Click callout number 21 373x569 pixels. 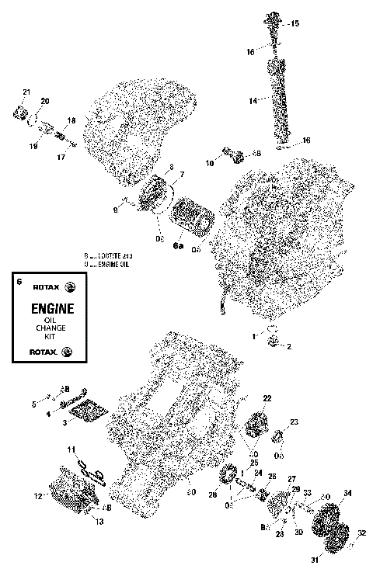pos(26,92)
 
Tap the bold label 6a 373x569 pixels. pos(178,246)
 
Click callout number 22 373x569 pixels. pos(267,398)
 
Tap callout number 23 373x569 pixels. pos(294,422)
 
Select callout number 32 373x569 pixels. pos(361,533)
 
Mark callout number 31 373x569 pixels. pos(315,559)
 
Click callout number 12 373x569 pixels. pos(37,495)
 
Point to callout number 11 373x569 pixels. pos(70,449)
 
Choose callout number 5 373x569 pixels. pos(33,404)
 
